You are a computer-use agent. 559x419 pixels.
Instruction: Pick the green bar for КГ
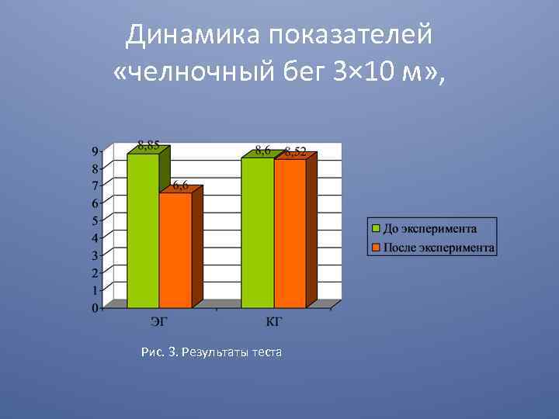pos(258,232)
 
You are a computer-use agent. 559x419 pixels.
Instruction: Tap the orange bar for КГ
pos(290,233)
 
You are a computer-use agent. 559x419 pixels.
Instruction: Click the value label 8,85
pos(149,144)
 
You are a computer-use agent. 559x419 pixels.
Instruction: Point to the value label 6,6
pos(180,185)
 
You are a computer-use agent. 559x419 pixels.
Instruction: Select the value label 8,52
pos(295,152)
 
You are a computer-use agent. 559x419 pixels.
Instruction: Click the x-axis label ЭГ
pos(158,320)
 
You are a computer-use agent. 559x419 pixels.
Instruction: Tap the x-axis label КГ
pos(273,320)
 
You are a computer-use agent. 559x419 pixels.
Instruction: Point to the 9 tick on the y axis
pos(95,151)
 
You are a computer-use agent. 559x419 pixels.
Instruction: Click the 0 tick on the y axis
pos(95,308)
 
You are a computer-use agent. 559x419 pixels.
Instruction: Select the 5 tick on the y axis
pos(95,220)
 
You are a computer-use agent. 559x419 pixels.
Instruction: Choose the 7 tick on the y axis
pos(95,185)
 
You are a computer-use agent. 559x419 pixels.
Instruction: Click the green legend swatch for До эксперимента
pos(376,229)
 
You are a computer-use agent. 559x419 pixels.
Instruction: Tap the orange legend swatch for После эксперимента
pos(376,248)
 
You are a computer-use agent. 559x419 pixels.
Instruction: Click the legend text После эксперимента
pos(439,248)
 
